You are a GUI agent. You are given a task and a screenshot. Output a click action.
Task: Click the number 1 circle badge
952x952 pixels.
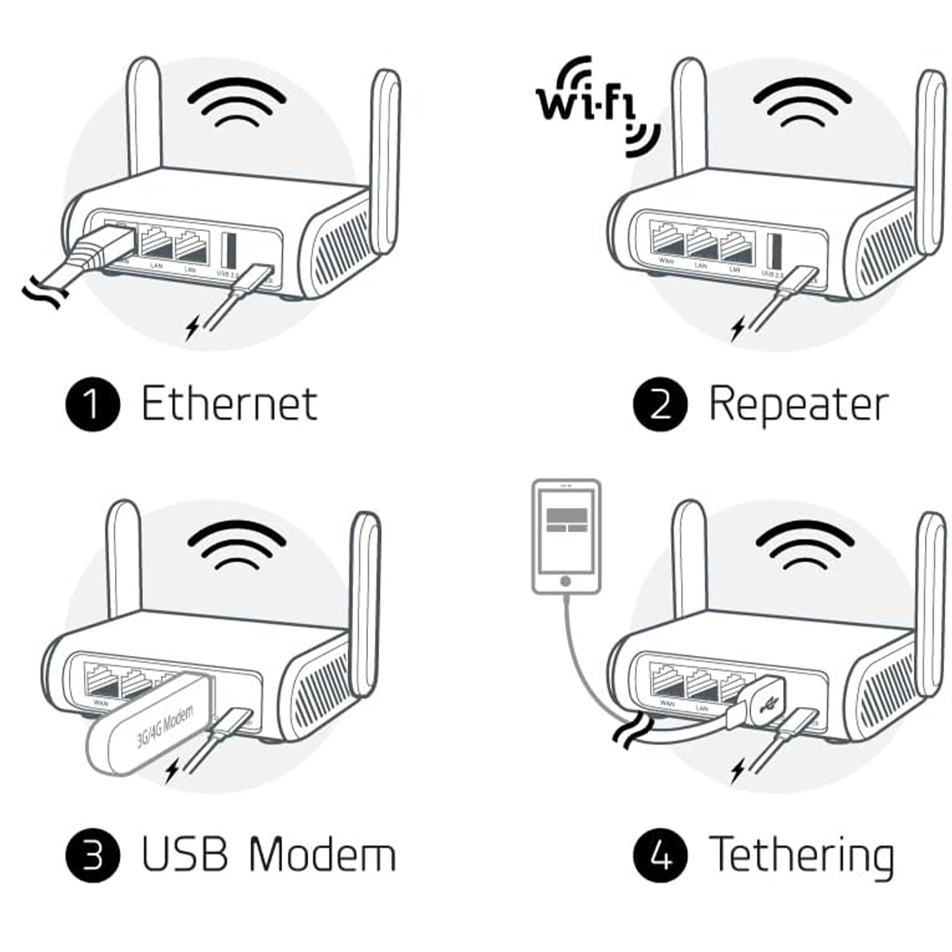(x=93, y=405)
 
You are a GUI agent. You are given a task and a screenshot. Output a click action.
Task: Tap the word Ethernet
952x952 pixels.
(x=229, y=405)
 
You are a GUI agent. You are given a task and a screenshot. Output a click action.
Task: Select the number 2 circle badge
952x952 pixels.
(x=660, y=405)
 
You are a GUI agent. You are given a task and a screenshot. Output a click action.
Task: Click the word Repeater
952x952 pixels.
(x=798, y=405)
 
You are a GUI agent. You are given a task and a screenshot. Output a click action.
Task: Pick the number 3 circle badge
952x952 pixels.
(x=93, y=855)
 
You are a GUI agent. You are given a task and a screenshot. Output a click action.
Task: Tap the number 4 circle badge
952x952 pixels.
(x=660, y=855)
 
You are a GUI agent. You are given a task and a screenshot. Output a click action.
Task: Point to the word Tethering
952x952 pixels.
(x=801, y=855)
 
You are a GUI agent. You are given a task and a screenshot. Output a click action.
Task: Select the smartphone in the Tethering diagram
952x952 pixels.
(x=566, y=537)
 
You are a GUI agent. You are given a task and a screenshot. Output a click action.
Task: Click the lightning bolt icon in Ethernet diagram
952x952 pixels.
(x=192, y=327)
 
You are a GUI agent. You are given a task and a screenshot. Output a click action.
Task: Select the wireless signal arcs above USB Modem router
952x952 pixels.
(x=237, y=549)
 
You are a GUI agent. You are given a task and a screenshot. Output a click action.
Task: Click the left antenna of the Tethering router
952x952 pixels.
(x=690, y=563)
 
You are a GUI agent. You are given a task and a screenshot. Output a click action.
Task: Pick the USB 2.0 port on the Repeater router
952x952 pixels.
(x=774, y=251)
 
